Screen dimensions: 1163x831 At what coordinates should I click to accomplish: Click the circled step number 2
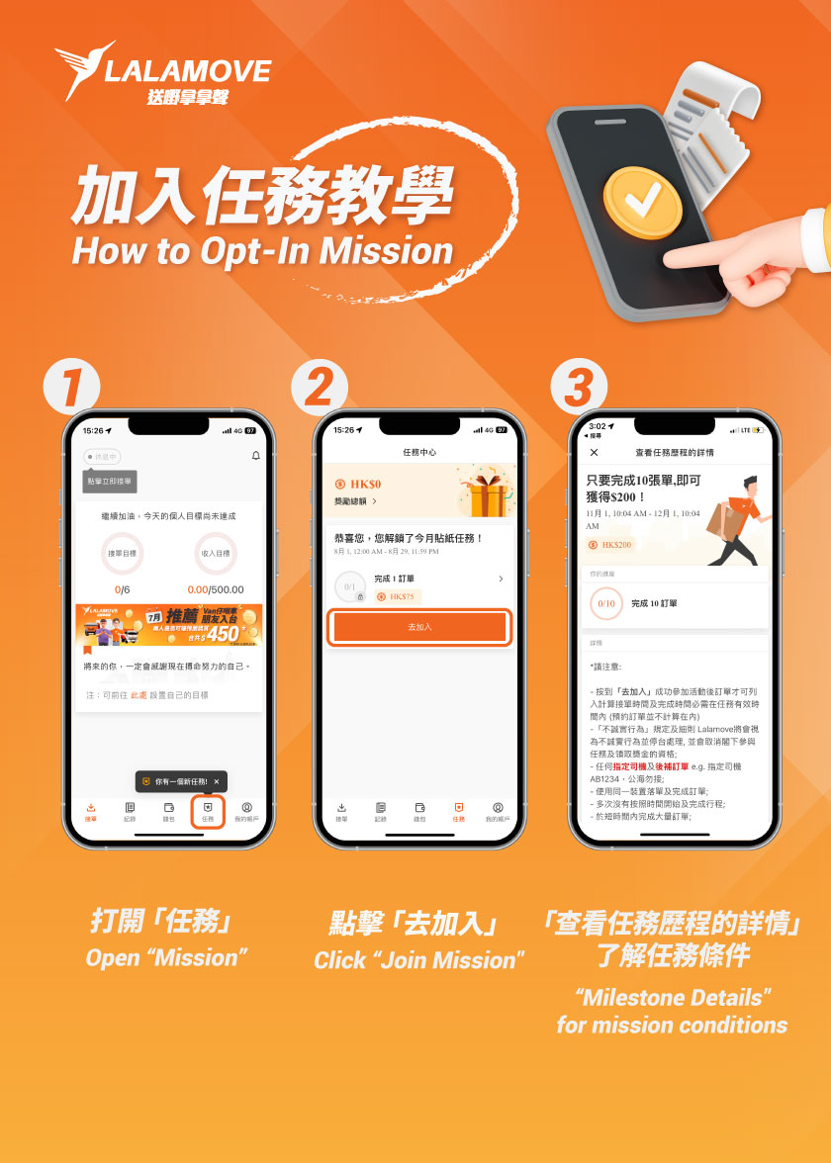pyautogui.click(x=319, y=387)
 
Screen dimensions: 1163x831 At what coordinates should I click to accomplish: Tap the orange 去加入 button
pyautogui.click(x=419, y=627)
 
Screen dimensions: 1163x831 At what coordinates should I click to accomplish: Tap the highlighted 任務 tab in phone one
pyautogui.click(x=208, y=812)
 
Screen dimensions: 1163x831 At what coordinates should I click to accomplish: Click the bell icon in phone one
pyautogui.click(x=256, y=456)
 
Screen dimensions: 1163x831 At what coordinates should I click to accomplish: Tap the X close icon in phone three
pyautogui.click(x=594, y=452)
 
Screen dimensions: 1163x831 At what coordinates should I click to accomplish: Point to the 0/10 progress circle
pyautogui.click(x=605, y=603)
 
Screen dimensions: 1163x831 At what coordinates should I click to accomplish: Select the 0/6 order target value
pyautogui.click(x=124, y=589)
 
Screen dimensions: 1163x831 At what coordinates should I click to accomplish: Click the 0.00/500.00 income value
pyautogui.click(x=216, y=589)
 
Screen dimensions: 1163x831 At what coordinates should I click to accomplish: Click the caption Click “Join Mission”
pyautogui.click(x=418, y=959)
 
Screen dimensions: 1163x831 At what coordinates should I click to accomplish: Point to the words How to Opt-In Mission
pyautogui.click(x=262, y=251)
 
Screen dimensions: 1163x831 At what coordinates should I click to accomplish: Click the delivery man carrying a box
pyautogui.click(x=737, y=519)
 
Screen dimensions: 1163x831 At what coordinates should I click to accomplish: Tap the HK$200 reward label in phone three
pyautogui.click(x=613, y=545)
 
